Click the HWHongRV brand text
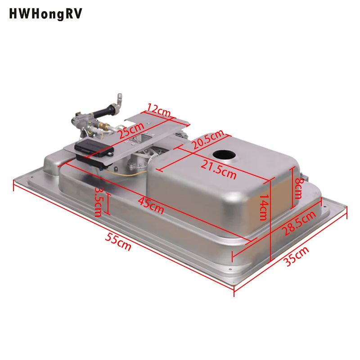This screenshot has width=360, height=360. coord(45,14)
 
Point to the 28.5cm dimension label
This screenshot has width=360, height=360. coord(299,223)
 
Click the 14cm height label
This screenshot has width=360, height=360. coord(263,207)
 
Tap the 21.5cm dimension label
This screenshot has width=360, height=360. coord(218,170)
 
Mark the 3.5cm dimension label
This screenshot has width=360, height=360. coord(98,202)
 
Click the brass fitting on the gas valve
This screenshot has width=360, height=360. coord(103,128)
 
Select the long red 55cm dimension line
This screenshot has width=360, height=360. coord(121,234)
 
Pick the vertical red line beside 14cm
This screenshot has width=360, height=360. coord(270,220)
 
